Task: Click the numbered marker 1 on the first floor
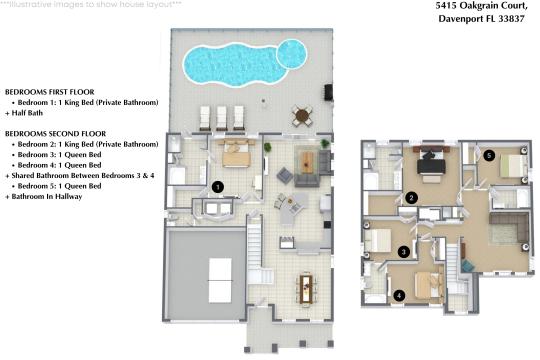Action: click(217, 186)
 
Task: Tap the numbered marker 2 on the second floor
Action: click(410, 197)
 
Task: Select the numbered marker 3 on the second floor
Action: click(403, 252)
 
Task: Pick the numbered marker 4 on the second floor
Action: click(398, 294)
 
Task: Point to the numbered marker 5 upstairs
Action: click(489, 156)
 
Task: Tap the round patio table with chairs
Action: click(300, 114)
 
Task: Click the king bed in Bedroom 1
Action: click(236, 155)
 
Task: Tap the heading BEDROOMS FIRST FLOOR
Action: click(50, 90)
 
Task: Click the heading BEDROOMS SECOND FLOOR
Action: click(55, 133)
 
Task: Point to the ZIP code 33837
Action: click(513, 20)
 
